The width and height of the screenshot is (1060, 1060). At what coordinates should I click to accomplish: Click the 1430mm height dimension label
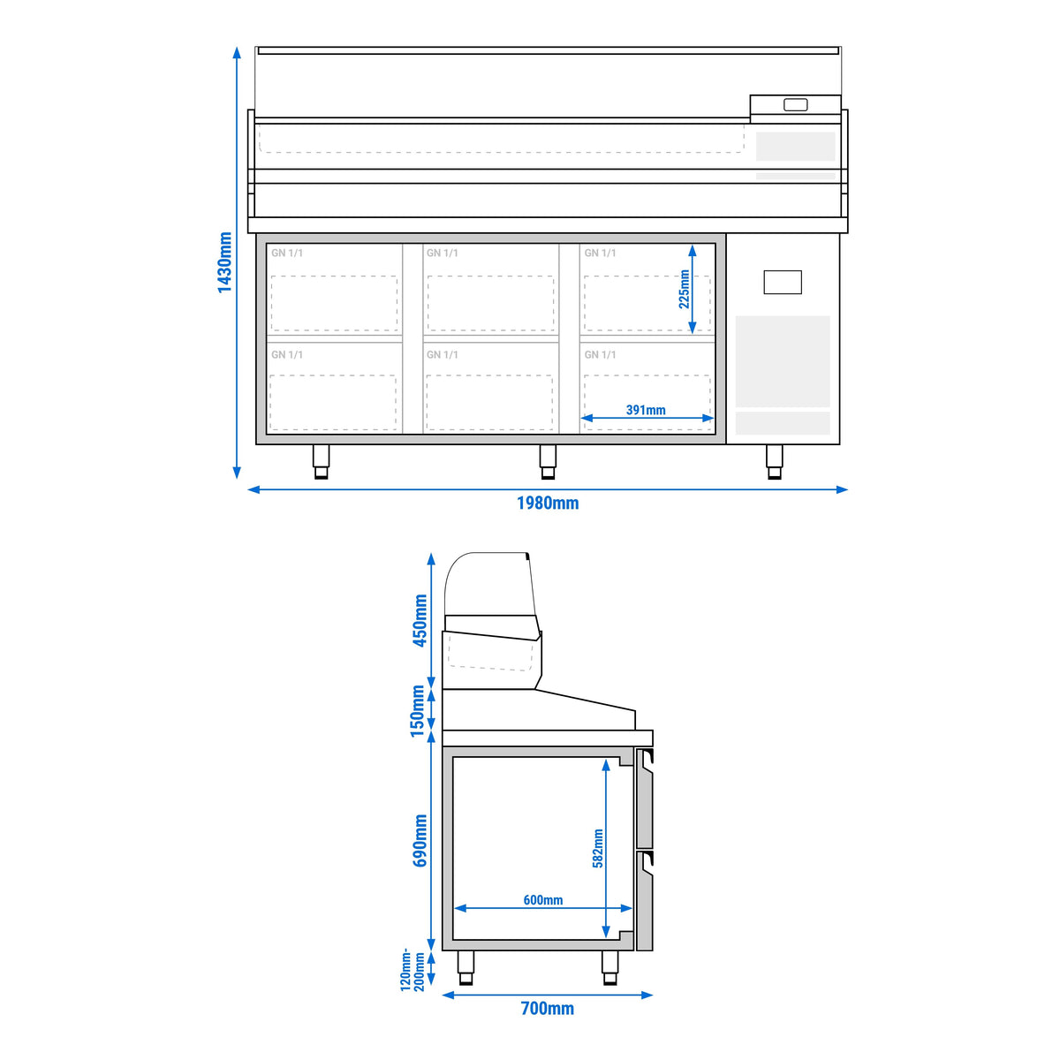pos(224,262)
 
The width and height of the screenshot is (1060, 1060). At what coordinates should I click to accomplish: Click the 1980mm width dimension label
pos(548,503)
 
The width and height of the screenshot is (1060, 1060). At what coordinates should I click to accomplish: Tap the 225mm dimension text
pos(684,290)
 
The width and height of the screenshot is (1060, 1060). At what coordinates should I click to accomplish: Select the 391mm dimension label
pos(646,410)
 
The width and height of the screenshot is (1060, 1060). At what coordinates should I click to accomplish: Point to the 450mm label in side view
pos(420,620)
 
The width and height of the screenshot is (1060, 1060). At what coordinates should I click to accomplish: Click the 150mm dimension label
pos(418,711)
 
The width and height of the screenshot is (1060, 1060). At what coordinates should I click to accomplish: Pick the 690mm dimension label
pos(420,841)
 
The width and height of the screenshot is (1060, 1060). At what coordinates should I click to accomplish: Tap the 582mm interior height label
pos(598,848)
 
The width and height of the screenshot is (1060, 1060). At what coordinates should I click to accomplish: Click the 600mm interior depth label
pos(543,900)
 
